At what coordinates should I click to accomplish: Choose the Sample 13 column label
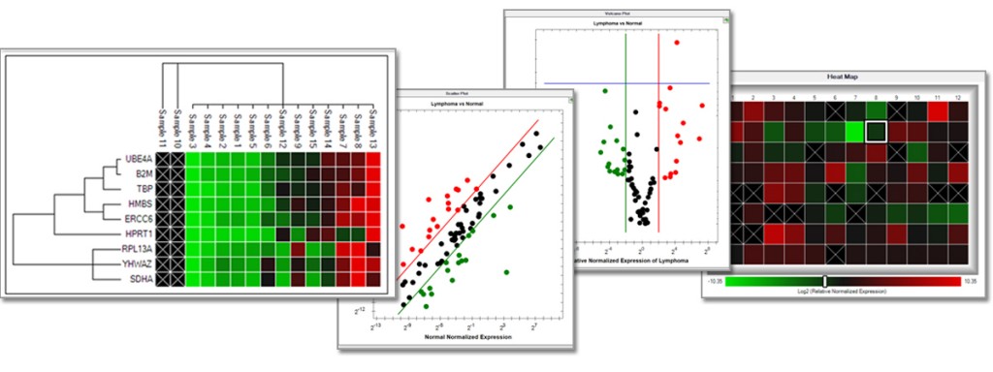point(372,125)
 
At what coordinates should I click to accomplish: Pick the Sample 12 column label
point(282,125)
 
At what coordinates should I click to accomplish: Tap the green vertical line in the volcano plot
point(625,136)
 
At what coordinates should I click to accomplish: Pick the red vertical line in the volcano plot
point(659,136)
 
